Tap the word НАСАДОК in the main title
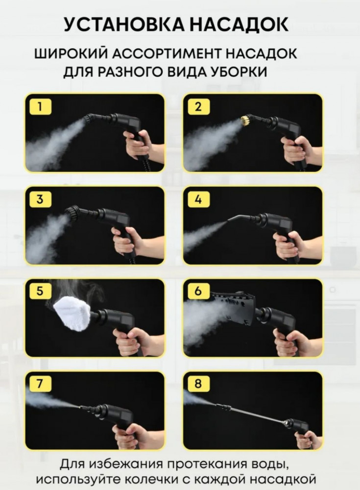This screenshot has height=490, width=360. pos(239,24)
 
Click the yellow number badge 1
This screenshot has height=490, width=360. pos(40,107)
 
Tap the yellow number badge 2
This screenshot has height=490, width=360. pos(198,107)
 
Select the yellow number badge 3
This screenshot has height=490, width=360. pos(40,199)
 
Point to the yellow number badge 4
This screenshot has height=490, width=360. pos(198,199)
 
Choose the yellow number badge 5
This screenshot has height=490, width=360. pos(40,291)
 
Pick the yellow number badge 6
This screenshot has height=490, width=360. pos(198,291)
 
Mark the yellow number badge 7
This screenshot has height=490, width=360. pos(40,384)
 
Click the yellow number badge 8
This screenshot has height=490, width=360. pos(198,384)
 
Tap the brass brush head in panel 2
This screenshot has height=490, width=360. pos(245,121)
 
